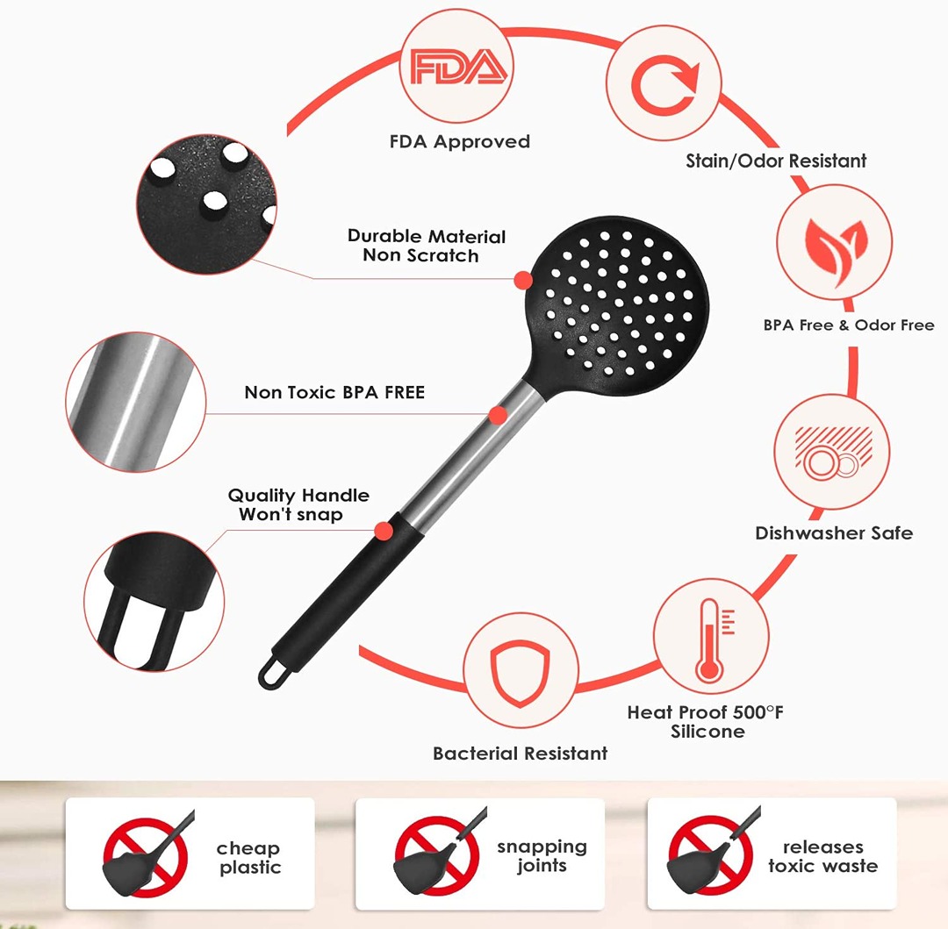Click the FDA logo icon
point(458,68)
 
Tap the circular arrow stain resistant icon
point(664,85)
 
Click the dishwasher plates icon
point(830,454)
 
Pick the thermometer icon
point(709,640)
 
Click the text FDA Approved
point(460,141)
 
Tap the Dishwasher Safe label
point(834,532)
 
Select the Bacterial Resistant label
point(520,753)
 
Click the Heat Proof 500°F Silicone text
point(706,721)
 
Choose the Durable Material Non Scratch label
point(427,246)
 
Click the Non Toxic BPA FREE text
point(334,392)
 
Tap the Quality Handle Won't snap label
point(298,504)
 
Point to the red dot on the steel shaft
point(499,415)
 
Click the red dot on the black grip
point(383,530)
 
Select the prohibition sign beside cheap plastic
point(145,854)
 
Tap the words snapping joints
point(542,856)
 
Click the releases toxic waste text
point(822,856)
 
